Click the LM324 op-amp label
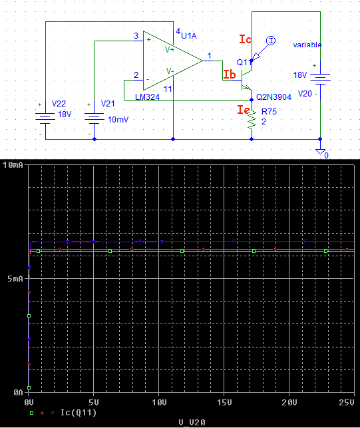click(x=147, y=97)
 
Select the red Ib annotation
click(x=230, y=75)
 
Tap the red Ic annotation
click(x=245, y=39)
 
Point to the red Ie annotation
click(x=244, y=110)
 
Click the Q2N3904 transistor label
click(x=273, y=97)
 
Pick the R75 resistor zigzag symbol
click(x=252, y=119)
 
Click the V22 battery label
click(x=59, y=103)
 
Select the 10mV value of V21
click(x=118, y=120)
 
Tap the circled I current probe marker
click(x=271, y=41)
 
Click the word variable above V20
click(x=307, y=45)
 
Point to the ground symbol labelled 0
click(x=321, y=152)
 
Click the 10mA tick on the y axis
click(x=13, y=165)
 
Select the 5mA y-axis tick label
click(x=15, y=279)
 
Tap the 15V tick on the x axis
click(x=224, y=402)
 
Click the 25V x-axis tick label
click(x=347, y=402)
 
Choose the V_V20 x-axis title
click(x=192, y=423)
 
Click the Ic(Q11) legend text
click(x=79, y=413)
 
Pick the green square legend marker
click(x=32, y=413)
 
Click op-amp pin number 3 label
click(x=136, y=36)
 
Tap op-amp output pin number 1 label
click(x=210, y=56)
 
